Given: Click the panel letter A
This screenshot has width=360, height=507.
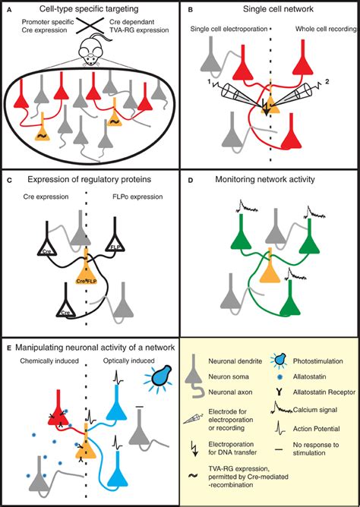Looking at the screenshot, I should (9, 10).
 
